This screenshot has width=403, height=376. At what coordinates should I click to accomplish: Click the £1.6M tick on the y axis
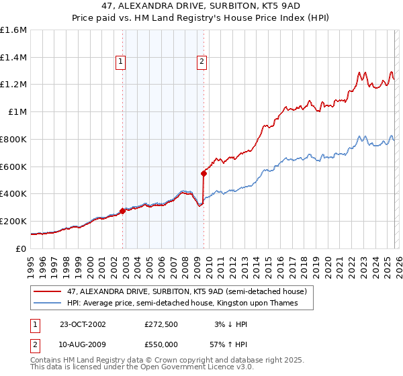click(x=13, y=30)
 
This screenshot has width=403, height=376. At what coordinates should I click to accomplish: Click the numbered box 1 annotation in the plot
click(x=120, y=62)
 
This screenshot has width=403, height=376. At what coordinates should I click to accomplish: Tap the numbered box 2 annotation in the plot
click(x=201, y=62)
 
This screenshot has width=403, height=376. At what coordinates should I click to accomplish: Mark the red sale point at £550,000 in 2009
click(x=204, y=173)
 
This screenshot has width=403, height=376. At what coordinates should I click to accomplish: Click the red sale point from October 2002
click(x=123, y=211)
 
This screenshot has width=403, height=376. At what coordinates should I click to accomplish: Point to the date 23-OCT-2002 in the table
click(x=83, y=324)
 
